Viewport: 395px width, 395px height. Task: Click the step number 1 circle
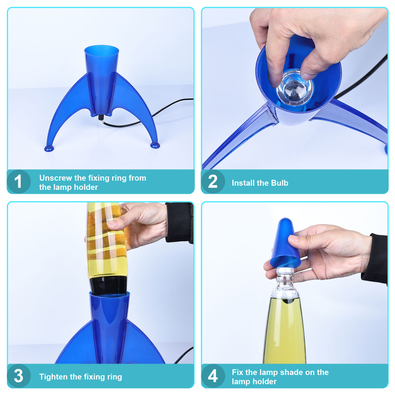(x=19, y=181)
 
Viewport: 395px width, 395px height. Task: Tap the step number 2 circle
(x=213, y=181)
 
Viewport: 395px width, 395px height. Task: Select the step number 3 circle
(x=19, y=376)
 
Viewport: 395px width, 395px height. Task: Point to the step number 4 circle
(x=213, y=376)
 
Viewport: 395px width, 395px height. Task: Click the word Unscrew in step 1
(x=56, y=178)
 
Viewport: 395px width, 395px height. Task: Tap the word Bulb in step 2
(x=280, y=183)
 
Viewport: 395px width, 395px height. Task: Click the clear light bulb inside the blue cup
(x=294, y=88)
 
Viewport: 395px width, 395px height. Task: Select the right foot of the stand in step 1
(x=155, y=145)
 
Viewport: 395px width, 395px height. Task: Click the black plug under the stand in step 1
(x=101, y=117)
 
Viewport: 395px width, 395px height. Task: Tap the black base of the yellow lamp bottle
(x=108, y=285)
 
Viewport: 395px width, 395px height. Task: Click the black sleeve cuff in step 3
(x=179, y=223)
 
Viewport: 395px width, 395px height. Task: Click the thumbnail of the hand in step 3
(x=112, y=224)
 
